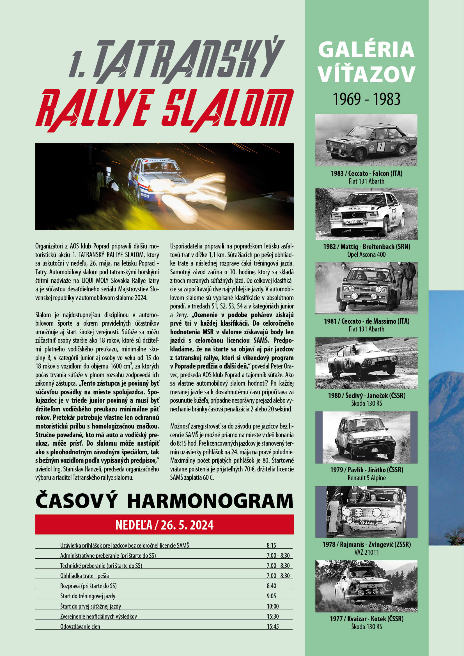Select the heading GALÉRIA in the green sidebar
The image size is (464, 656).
(x=366, y=50)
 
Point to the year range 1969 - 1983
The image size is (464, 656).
(x=367, y=99)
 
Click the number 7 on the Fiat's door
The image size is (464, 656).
(x=381, y=147)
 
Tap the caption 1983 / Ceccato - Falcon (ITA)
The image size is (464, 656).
(x=367, y=173)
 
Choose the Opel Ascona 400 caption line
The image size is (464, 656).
(x=367, y=255)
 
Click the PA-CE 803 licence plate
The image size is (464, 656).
(x=353, y=222)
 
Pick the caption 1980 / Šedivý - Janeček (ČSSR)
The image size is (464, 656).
(x=367, y=395)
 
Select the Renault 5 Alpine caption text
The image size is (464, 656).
(x=367, y=478)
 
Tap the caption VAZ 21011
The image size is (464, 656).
(x=367, y=552)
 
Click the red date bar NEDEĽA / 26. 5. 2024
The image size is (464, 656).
(x=164, y=525)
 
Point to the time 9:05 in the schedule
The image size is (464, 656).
(x=272, y=596)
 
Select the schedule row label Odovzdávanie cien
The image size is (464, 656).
(x=80, y=627)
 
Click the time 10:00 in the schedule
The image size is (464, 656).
(x=273, y=606)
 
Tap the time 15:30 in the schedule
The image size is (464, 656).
(x=273, y=616)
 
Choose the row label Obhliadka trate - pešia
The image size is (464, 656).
(x=84, y=576)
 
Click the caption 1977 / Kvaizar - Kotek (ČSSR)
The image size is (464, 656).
(x=367, y=619)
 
